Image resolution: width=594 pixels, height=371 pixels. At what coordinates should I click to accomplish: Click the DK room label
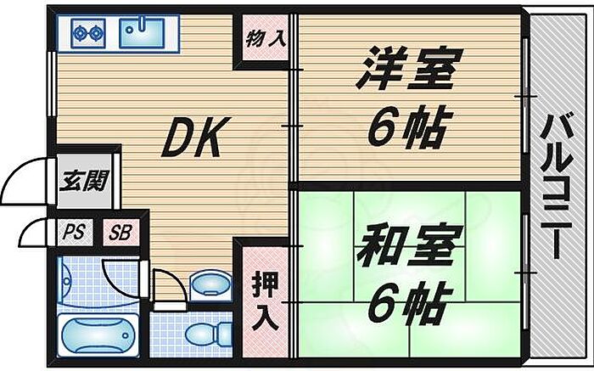196,137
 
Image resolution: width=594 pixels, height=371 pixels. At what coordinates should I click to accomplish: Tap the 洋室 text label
409,69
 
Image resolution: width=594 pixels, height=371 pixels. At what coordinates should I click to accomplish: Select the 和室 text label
410,246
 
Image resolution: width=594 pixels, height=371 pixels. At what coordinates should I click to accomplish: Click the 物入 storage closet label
266,39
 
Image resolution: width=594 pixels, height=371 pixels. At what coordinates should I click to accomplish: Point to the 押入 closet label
266,301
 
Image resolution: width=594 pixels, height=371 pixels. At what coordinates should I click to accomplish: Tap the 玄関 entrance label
85,181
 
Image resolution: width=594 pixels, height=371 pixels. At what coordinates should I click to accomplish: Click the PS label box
75,232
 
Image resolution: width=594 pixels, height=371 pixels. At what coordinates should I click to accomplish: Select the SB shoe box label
120,233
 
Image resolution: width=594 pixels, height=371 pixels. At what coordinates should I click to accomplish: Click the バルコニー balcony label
556,186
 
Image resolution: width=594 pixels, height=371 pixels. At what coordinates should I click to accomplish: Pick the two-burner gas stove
88,33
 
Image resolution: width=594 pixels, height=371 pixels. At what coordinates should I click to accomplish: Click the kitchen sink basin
142,33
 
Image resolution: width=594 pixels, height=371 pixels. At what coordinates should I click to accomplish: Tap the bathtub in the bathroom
98,335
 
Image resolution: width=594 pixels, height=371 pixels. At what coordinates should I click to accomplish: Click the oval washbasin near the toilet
210,285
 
